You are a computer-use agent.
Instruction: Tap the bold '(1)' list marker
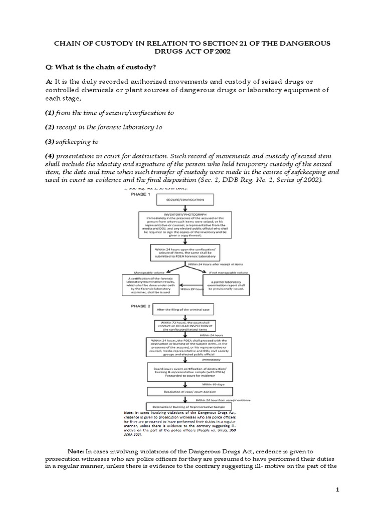pos(51,113)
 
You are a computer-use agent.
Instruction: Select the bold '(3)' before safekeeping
pos(51,142)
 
